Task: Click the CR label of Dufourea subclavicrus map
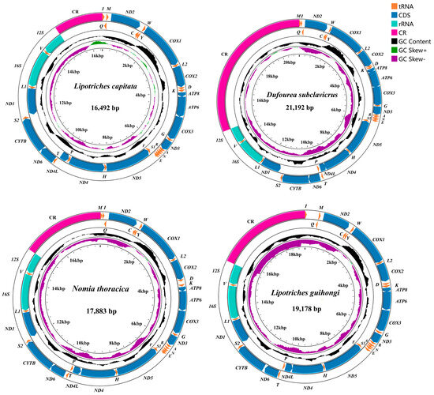pyautogui.click(x=225, y=55)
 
